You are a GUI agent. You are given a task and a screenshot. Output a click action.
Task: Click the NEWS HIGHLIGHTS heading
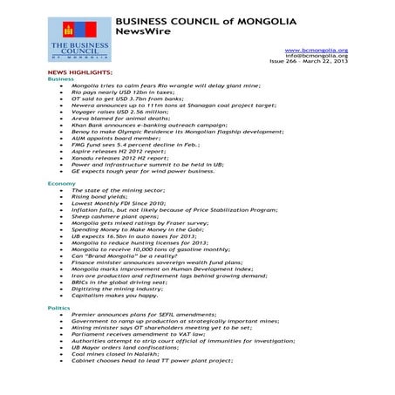click(79, 72)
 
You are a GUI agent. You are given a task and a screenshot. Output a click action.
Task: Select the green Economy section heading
click(61, 185)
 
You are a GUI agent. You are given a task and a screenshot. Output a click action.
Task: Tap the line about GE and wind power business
click(147, 172)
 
